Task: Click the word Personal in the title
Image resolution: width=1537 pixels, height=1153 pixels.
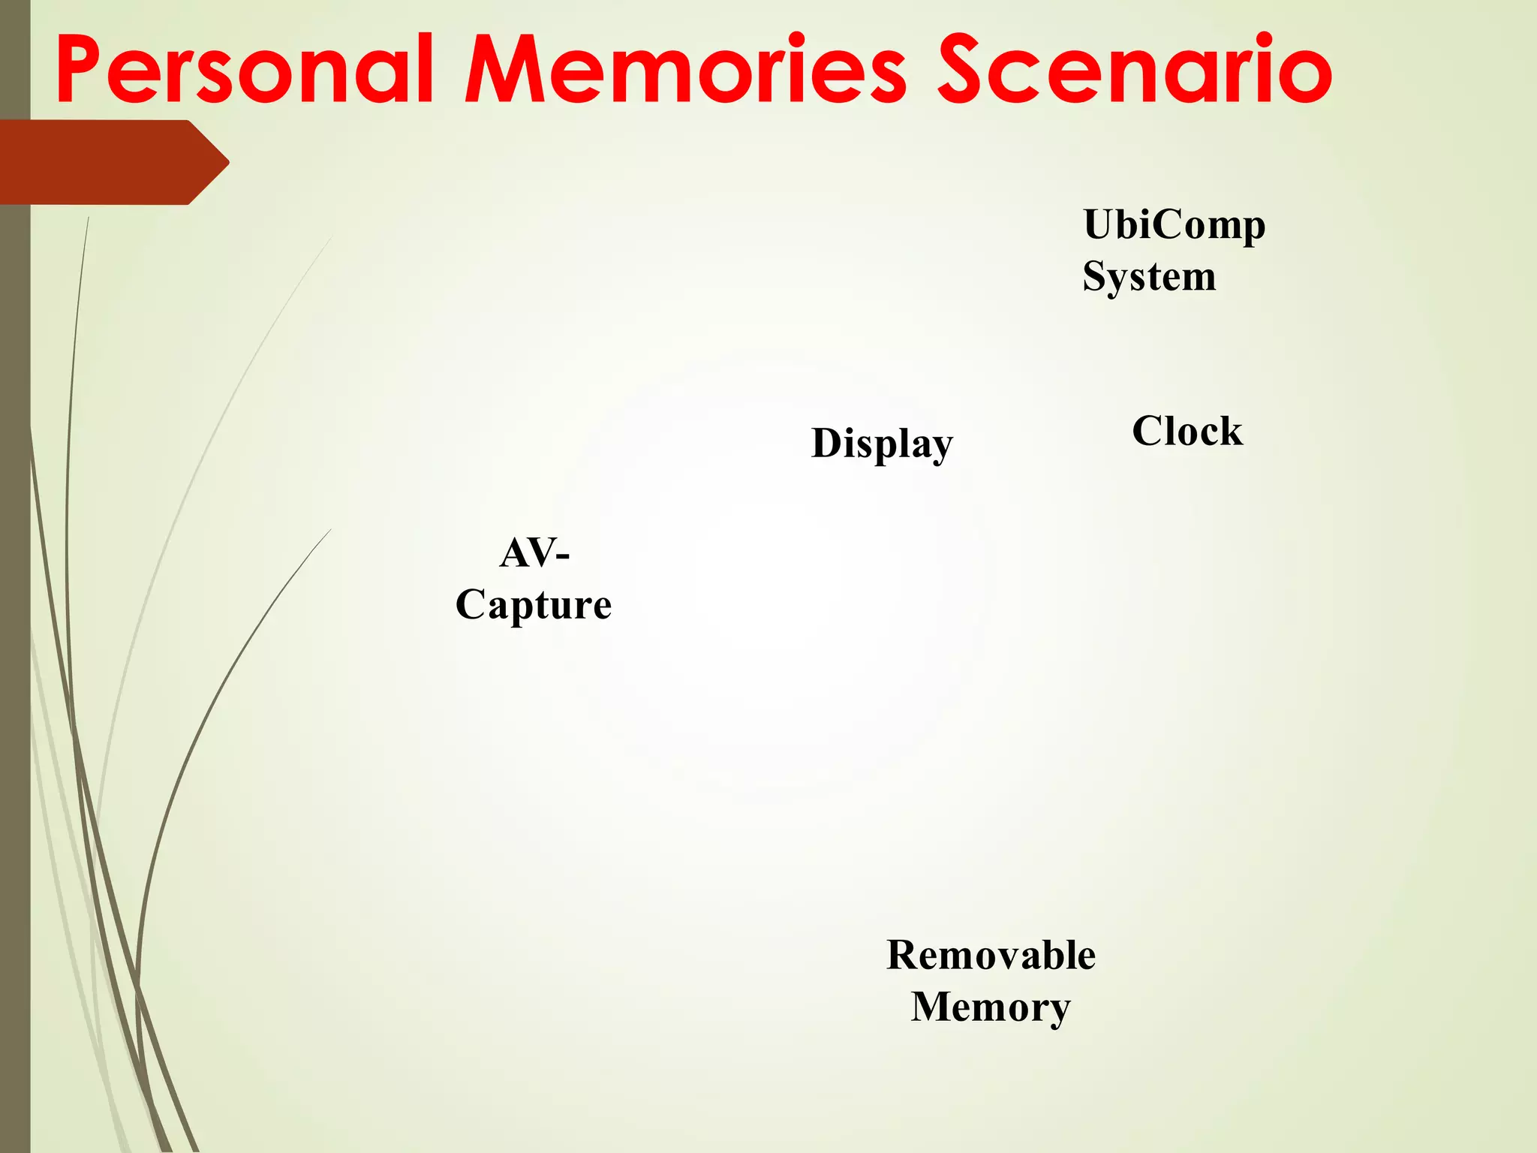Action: coord(245,69)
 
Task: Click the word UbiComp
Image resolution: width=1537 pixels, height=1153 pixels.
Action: coord(1174,225)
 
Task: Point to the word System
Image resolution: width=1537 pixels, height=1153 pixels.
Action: coord(1149,276)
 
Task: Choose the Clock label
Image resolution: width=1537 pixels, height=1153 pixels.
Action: coord(1187,431)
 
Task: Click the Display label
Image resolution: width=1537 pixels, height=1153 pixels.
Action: coord(882,443)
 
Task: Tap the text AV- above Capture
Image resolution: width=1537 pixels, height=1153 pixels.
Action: coord(534,553)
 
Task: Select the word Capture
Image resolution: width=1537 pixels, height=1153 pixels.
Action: coord(534,604)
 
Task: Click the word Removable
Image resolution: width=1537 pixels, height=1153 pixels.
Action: coord(991,955)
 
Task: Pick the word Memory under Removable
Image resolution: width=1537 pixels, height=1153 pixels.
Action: coord(991,1007)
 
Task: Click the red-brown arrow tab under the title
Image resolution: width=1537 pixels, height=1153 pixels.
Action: coord(105,162)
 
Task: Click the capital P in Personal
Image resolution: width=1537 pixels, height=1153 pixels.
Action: coord(80,69)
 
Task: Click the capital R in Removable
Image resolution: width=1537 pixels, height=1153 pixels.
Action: coord(903,955)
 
